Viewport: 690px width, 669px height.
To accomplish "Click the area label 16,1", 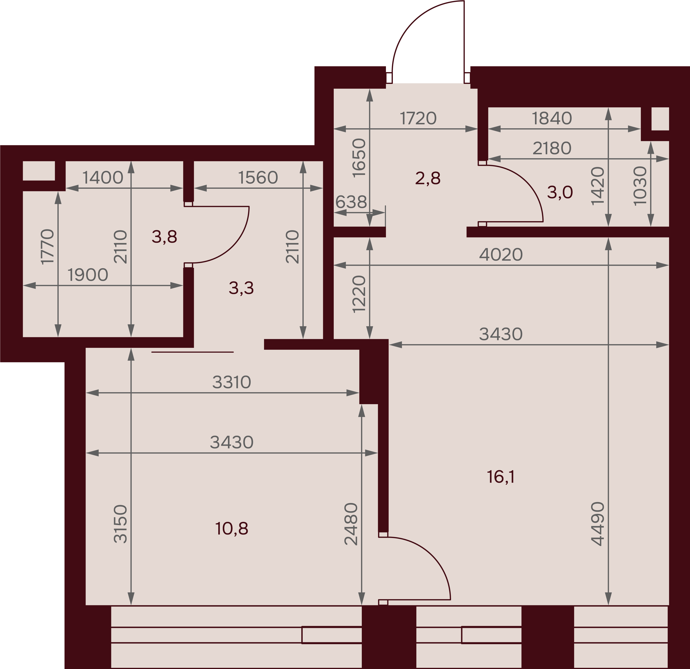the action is point(501,477).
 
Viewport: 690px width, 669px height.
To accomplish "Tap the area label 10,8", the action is point(232,529).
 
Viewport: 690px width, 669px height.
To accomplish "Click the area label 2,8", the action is point(428,178).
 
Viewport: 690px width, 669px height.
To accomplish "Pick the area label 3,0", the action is point(560,192).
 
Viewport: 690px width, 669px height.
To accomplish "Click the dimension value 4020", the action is point(501,254).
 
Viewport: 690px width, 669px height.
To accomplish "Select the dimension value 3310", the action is point(231,382).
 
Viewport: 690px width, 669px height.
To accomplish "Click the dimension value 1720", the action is point(418,119).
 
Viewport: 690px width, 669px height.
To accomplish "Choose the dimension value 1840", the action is point(552,119).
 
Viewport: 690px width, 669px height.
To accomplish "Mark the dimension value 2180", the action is point(552,149).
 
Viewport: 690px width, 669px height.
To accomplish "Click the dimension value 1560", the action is point(258,178).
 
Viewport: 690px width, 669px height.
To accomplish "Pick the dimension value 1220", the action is point(359,294).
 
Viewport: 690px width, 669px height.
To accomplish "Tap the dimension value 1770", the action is point(48,246).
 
